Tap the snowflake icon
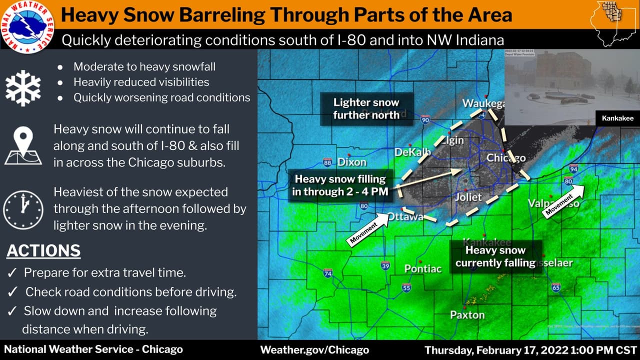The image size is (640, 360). [x=23, y=88]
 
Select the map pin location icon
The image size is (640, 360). [x=23, y=145]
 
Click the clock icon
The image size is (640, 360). [x=23, y=209]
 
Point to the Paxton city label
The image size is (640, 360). [x=467, y=315]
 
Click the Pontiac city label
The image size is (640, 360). [x=423, y=268]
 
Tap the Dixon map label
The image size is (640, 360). [x=352, y=162]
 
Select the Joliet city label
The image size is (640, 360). [x=468, y=197]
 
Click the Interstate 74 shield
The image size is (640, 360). [x=328, y=273]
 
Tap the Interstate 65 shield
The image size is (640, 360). [x=555, y=287]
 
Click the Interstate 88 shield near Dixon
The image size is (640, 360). [x=327, y=162]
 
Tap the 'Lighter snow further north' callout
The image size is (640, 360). [x=366, y=108]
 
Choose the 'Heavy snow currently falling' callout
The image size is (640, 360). [x=495, y=256]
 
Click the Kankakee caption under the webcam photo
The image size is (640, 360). [x=617, y=118]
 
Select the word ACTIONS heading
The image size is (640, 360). [x=43, y=250]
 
